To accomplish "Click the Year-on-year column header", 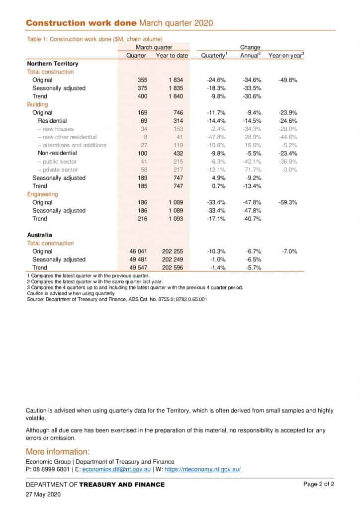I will (286, 56).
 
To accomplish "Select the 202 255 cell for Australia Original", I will (172, 252).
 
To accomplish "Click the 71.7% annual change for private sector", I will (252, 170).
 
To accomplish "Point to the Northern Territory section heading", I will (52, 64).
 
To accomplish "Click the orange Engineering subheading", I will (42, 194).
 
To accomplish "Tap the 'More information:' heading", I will (58, 452).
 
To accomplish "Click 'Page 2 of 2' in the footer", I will (319, 484).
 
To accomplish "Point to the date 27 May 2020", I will (43, 495).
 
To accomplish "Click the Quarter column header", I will (136, 56).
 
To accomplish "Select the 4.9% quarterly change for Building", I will (218, 178).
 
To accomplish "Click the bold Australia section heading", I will (39, 235).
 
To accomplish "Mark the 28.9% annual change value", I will (252, 137).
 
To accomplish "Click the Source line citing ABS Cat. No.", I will (117, 300).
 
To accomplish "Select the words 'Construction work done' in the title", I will (81, 23).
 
